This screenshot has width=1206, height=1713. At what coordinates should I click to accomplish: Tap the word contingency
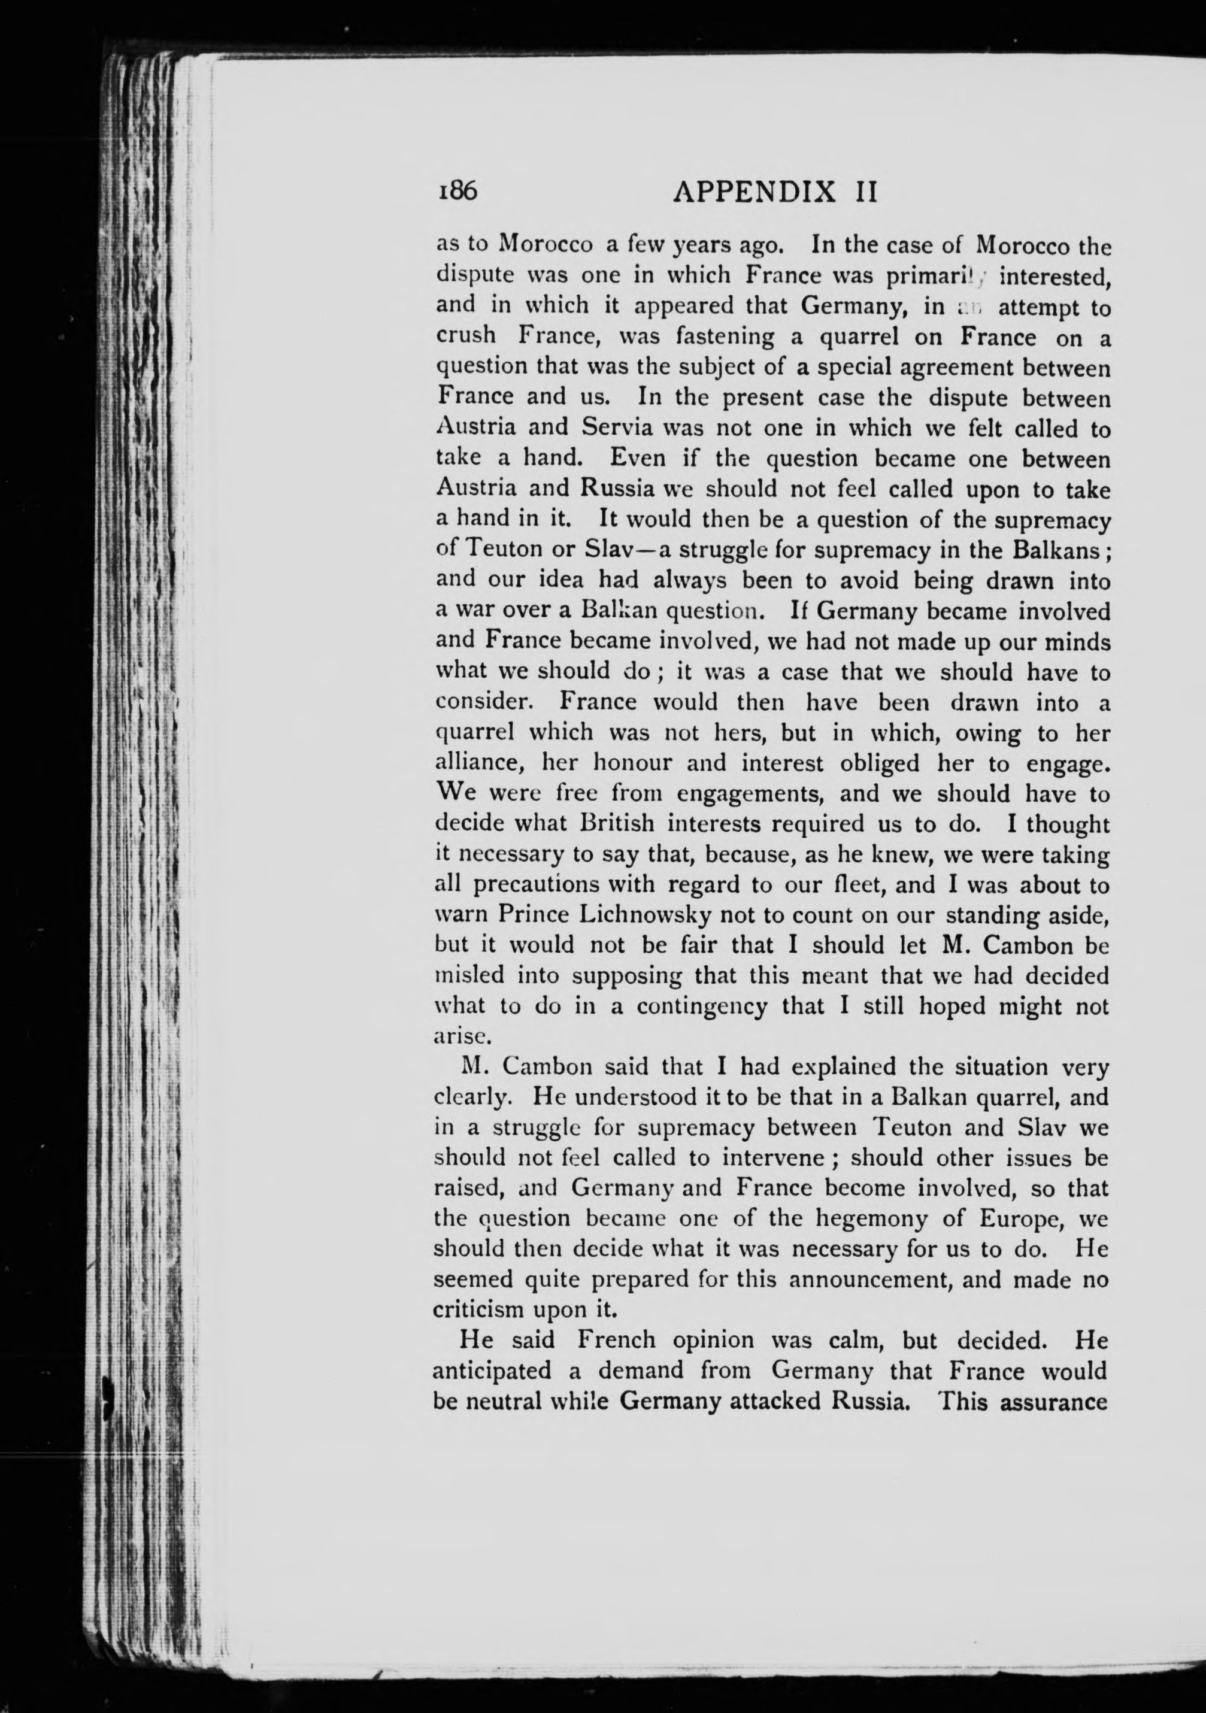[x=702, y=1006]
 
